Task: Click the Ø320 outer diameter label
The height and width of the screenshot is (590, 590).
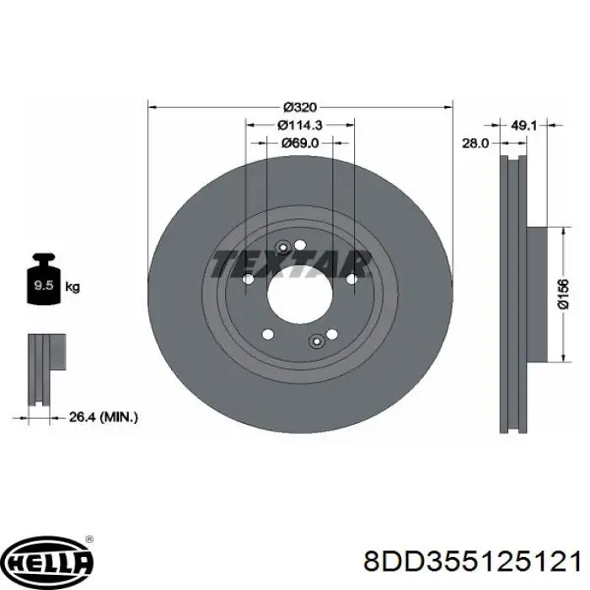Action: tap(299, 107)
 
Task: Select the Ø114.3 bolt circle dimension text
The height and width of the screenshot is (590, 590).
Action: tap(300, 125)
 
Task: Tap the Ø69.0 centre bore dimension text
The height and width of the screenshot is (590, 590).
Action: tap(300, 142)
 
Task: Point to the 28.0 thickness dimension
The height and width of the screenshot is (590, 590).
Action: tap(475, 144)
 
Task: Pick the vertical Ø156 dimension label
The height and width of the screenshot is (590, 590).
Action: tap(564, 294)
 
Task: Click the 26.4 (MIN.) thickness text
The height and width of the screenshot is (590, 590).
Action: tap(102, 416)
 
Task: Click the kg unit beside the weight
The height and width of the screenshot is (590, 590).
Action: tap(72, 287)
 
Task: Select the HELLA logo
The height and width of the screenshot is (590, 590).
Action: tap(49, 562)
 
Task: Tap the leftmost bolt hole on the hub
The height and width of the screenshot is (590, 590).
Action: tap(249, 281)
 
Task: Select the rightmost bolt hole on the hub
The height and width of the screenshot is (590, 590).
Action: tap(351, 279)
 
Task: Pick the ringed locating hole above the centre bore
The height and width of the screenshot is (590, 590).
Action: tap(282, 246)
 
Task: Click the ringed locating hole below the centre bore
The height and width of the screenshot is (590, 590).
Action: tap(317, 341)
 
